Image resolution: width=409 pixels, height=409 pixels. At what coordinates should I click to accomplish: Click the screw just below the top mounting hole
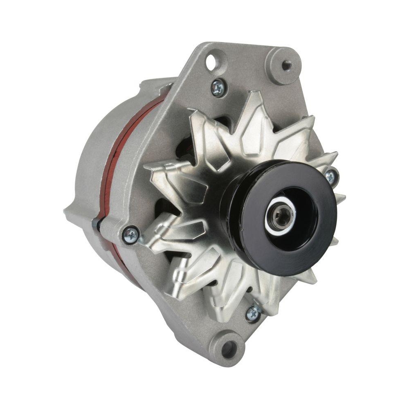(218, 87)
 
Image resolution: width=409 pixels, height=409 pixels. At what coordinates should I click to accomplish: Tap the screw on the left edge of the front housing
(131, 235)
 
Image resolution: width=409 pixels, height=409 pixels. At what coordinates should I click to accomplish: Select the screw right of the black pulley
(330, 176)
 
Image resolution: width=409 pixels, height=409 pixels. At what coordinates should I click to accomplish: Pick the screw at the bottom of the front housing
(253, 313)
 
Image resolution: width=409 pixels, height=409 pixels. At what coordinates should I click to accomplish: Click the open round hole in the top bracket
(212, 63)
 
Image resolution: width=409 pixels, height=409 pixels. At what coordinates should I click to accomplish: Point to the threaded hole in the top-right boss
(286, 65)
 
